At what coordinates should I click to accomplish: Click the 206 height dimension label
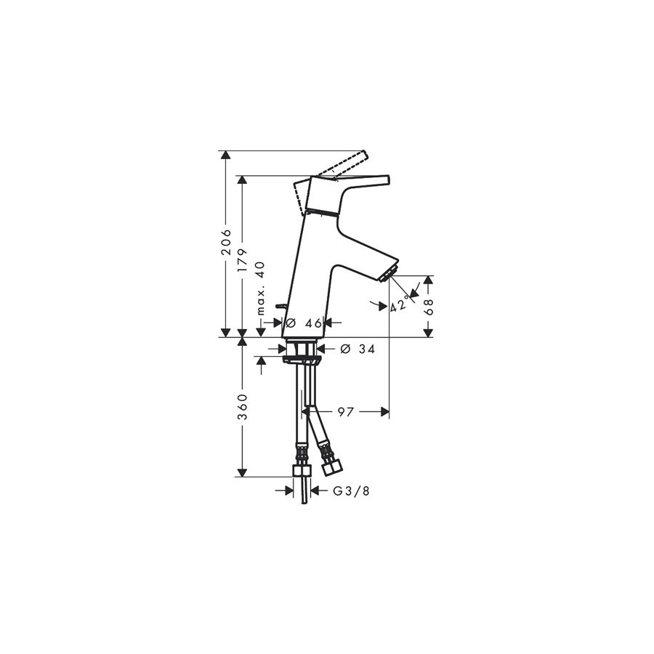point(226,241)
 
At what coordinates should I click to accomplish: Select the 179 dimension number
point(242,261)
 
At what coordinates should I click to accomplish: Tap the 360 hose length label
point(242,407)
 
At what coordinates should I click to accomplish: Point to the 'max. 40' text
point(260,288)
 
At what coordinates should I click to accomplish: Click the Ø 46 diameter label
point(304,323)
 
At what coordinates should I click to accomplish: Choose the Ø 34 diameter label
point(358,349)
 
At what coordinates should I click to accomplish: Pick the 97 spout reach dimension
point(345,412)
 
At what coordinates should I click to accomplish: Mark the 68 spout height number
point(429,307)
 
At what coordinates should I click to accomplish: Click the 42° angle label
point(398,304)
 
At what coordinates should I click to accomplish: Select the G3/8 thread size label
point(351,491)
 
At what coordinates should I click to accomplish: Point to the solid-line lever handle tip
point(387,179)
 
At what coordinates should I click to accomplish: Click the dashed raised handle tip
point(365,154)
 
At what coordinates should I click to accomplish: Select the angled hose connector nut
point(331,467)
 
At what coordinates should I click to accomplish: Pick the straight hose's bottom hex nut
point(302,470)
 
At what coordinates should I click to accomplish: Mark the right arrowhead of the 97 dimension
point(384,412)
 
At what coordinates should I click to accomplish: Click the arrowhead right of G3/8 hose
point(316,491)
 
